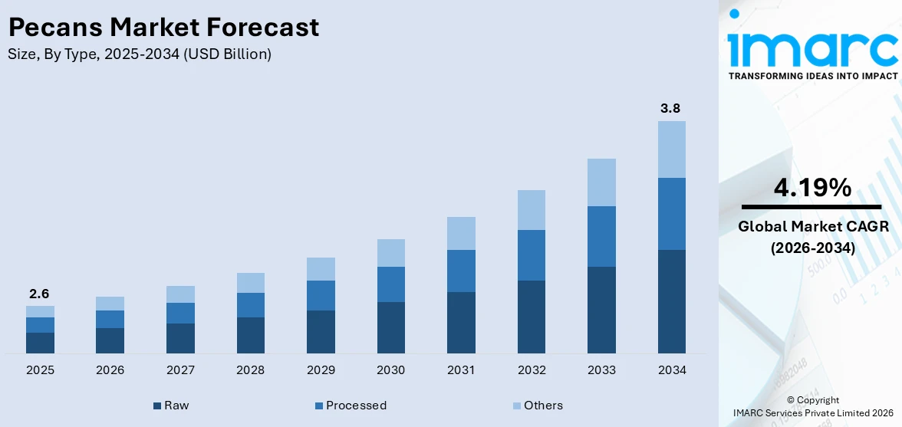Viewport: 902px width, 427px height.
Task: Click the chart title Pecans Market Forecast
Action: tap(163, 27)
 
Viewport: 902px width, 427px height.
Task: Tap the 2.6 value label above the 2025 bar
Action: tap(39, 294)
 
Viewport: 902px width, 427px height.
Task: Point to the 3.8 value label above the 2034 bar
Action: tap(671, 108)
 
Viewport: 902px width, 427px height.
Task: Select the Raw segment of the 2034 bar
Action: tap(672, 302)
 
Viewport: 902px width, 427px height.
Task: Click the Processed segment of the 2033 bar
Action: tap(601, 236)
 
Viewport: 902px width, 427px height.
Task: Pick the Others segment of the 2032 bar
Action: tap(532, 210)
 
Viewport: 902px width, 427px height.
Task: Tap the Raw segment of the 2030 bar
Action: tap(391, 327)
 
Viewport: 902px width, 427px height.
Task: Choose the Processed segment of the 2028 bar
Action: tap(251, 305)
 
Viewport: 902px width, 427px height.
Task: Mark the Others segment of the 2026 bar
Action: tap(110, 304)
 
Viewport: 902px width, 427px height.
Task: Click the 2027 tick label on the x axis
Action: tap(180, 370)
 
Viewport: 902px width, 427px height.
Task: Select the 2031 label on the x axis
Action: tap(462, 370)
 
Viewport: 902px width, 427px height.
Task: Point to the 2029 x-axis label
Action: tap(321, 370)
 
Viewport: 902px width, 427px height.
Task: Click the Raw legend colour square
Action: tap(157, 406)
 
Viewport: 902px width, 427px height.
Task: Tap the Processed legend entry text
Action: tap(356, 406)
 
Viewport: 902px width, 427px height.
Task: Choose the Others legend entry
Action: tap(537, 406)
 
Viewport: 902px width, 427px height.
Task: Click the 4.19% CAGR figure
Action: tap(811, 188)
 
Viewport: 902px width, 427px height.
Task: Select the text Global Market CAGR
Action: tap(813, 226)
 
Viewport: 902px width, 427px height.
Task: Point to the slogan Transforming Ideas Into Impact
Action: tap(813, 76)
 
